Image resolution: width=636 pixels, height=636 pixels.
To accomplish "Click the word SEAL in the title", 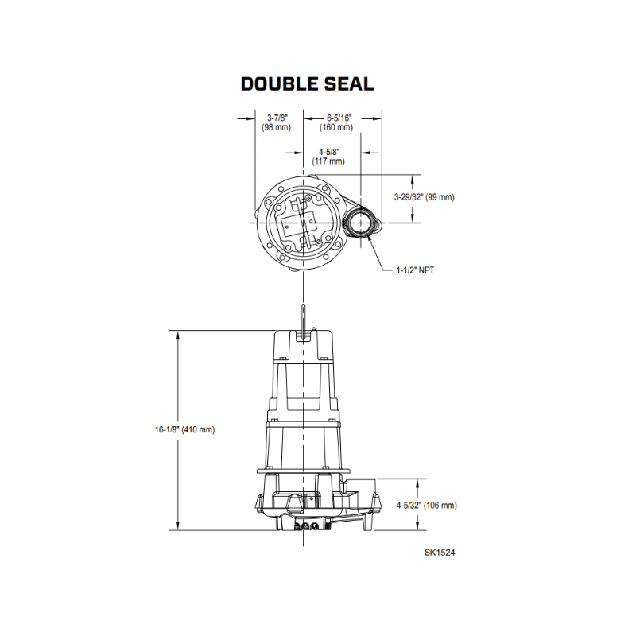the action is (x=348, y=84).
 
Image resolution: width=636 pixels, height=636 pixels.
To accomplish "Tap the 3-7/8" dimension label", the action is (x=277, y=118).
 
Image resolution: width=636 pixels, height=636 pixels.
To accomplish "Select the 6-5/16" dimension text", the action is (x=339, y=118).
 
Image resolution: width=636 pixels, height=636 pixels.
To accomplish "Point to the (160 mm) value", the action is (x=335, y=127).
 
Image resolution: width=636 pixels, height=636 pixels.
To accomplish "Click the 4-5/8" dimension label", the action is (x=329, y=152).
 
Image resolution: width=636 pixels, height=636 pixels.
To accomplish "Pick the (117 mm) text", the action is (x=328, y=161).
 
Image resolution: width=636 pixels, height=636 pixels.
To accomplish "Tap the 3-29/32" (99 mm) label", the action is (x=425, y=197).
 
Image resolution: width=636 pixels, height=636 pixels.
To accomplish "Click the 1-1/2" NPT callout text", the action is (x=415, y=270).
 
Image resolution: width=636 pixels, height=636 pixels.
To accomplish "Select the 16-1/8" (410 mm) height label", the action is (x=185, y=429).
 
